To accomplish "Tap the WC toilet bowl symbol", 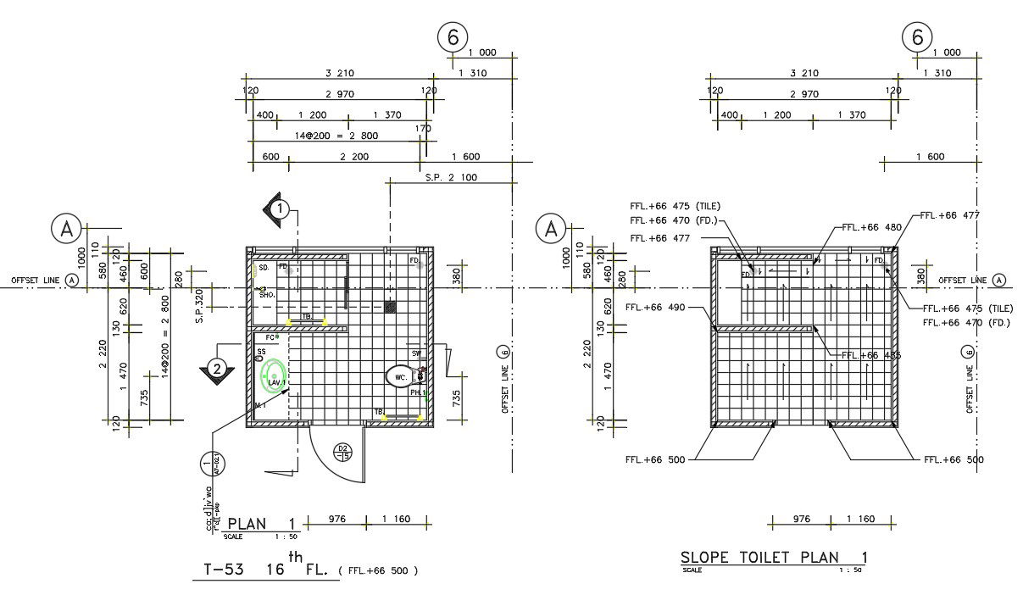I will pos(399,376).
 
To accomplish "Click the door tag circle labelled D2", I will pos(343,452).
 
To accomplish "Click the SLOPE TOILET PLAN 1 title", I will pos(774,557).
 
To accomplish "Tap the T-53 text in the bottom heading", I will pos(225,570).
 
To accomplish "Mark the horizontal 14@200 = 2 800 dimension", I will pos(336,136).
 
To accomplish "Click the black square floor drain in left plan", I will pos(390,306).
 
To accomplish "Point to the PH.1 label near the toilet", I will pos(417,392).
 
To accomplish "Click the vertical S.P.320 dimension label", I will pos(201,307).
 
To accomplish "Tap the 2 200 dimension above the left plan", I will pos(354,157).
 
